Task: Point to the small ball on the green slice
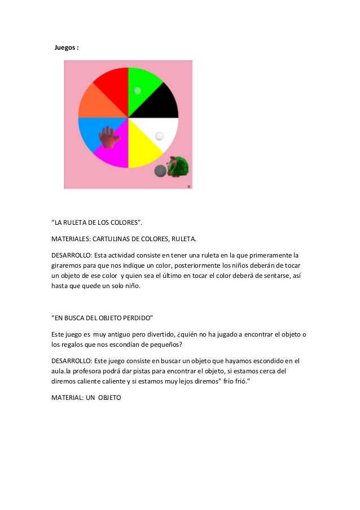pyautogui.click(x=137, y=90)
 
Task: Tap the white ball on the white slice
pyautogui.click(x=159, y=136)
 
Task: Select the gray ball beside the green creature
pyautogui.click(x=161, y=171)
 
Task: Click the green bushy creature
pyautogui.click(x=180, y=167)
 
